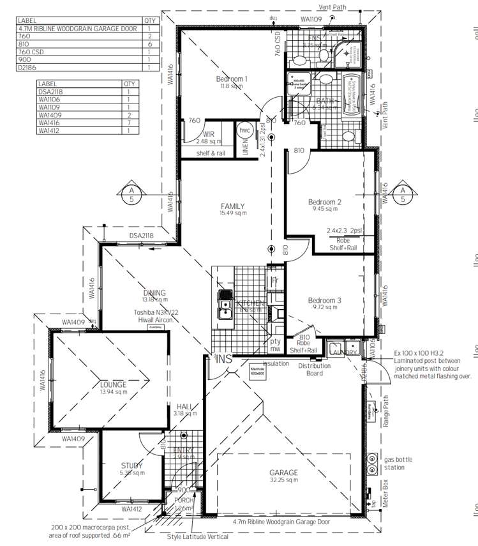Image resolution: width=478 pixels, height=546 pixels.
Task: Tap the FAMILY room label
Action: pyautogui.click(x=233, y=206)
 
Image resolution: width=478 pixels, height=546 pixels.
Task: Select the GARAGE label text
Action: pyautogui.click(x=283, y=473)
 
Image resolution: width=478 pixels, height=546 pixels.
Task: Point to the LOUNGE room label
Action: pyautogui.click(x=113, y=384)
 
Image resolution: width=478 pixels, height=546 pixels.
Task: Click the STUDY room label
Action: pyautogui.click(x=131, y=466)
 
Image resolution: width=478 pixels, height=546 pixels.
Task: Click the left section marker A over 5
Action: pyautogui.click(x=131, y=194)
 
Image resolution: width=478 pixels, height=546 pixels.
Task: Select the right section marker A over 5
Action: pyautogui.click(x=403, y=194)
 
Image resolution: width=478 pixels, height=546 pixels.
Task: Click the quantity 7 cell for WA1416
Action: pyautogui.click(x=129, y=124)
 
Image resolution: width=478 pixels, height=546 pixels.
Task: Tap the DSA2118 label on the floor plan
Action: pyautogui.click(x=143, y=236)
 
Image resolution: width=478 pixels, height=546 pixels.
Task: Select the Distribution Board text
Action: pyautogui.click(x=314, y=369)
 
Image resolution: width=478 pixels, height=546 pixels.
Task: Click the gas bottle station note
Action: pyautogui.click(x=400, y=463)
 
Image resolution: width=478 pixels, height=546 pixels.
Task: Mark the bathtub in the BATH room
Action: pyautogui.click(x=350, y=95)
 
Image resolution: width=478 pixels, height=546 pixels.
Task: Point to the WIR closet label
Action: pyautogui.click(x=209, y=135)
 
